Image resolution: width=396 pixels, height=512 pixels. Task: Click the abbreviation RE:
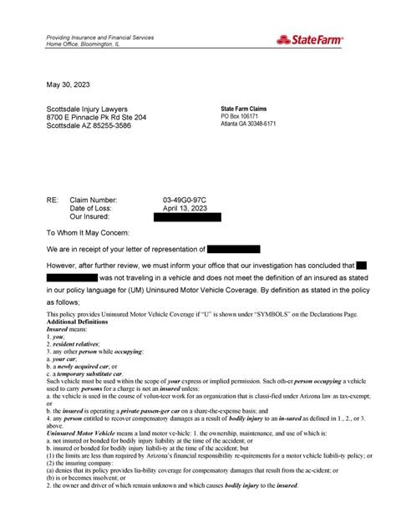53,201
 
